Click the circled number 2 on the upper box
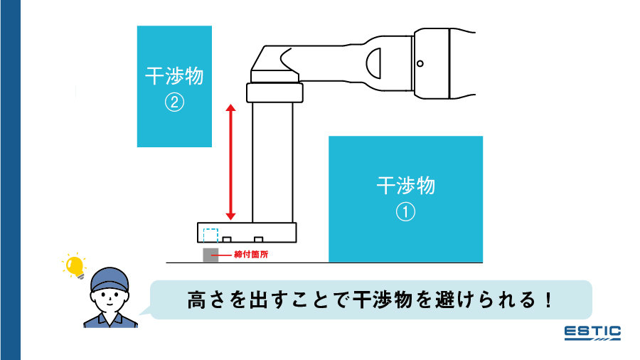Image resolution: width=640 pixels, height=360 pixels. (174, 102)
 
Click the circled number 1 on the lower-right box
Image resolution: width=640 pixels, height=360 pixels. (405, 212)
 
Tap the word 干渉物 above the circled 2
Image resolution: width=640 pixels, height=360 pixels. (174, 76)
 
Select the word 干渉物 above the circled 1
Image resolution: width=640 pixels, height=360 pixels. (405, 186)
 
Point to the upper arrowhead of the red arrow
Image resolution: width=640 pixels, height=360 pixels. (230, 107)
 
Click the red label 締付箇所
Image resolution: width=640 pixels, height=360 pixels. (251, 253)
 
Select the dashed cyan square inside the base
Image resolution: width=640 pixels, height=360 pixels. (210, 235)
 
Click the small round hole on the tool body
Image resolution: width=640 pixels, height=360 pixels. (420, 64)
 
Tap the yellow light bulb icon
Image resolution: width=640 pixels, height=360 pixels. (73, 265)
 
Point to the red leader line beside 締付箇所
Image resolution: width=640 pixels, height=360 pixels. (226, 253)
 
